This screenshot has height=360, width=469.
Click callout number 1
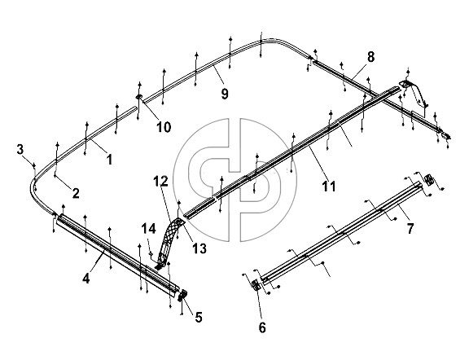[110, 159]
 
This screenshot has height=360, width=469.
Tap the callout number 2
[76, 193]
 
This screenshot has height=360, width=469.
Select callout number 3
[20, 149]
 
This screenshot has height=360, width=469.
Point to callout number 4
[85, 279]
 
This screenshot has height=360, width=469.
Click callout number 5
[199, 317]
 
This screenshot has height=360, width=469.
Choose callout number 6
[262, 327]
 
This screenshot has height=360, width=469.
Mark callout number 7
[410, 229]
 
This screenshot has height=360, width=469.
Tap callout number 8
[370, 57]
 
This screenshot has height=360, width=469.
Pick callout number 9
[225, 94]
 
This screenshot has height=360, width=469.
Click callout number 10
[164, 127]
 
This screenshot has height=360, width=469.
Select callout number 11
[329, 187]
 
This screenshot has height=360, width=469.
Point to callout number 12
[161, 181]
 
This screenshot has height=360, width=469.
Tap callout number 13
[199, 248]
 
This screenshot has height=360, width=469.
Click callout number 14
[149, 229]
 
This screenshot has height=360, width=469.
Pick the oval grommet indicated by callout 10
[139, 97]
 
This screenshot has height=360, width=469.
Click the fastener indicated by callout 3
[34, 165]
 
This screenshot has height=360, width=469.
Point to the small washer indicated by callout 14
[151, 254]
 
